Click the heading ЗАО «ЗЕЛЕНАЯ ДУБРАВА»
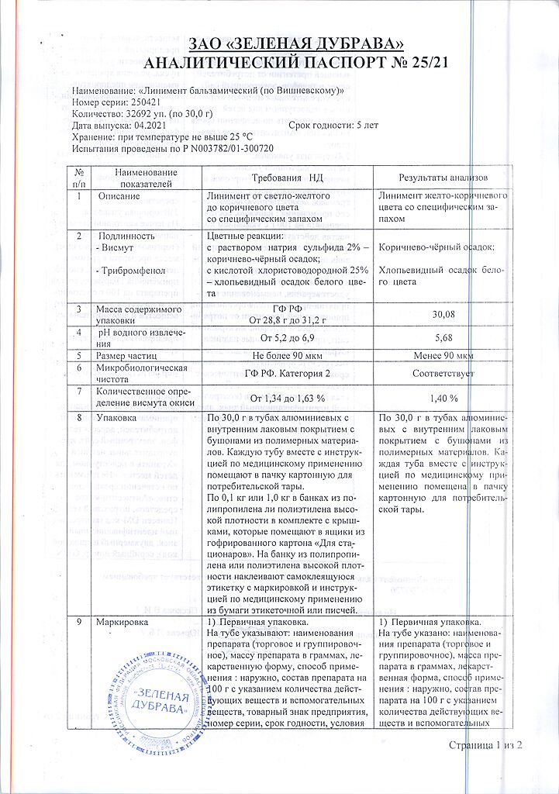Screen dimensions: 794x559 tap(278, 43)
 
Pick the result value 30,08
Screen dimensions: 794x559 tap(442, 316)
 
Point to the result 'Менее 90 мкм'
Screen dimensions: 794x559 tap(442, 356)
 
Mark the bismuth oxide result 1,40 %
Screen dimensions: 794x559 tap(442, 398)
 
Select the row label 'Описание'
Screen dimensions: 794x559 tap(118, 198)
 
